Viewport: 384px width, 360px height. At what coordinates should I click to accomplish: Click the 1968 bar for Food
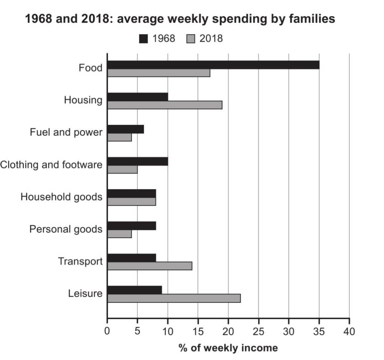pyautogui.click(x=213, y=65)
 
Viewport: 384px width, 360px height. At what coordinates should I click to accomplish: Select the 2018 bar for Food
pyautogui.click(x=159, y=73)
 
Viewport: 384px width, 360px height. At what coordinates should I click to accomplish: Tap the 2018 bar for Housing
pyautogui.click(x=165, y=105)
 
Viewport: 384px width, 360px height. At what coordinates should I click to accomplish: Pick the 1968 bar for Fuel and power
pyautogui.click(x=125, y=129)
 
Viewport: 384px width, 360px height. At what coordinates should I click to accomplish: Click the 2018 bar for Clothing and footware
pyautogui.click(x=123, y=170)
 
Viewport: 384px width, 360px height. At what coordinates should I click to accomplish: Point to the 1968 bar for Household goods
pyautogui.click(x=132, y=194)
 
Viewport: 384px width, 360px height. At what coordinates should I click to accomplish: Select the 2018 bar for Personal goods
pyautogui.click(x=119, y=234)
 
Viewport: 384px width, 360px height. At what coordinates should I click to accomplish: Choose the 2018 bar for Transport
pyautogui.click(x=150, y=266)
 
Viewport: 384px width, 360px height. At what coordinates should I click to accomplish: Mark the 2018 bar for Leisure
pyautogui.click(x=174, y=298)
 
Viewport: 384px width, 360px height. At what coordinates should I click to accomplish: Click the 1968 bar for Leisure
pyautogui.click(x=135, y=290)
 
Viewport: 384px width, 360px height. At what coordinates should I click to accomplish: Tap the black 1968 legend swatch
pyautogui.click(x=144, y=39)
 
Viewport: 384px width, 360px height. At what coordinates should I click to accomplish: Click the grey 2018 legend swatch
pyautogui.click(x=191, y=39)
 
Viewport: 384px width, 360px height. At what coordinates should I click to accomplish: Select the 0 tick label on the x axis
pyautogui.click(x=107, y=332)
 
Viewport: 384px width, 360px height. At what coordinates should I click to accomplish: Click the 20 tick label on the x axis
pyautogui.click(x=228, y=332)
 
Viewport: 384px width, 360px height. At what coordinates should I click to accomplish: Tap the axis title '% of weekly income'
pyautogui.click(x=228, y=347)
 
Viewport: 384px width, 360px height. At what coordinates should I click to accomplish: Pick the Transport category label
pyautogui.click(x=80, y=261)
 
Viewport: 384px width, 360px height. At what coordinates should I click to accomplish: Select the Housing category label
pyautogui.click(x=83, y=100)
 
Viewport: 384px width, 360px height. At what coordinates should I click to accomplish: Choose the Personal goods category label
pyautogui.click(x=66, y=229)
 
